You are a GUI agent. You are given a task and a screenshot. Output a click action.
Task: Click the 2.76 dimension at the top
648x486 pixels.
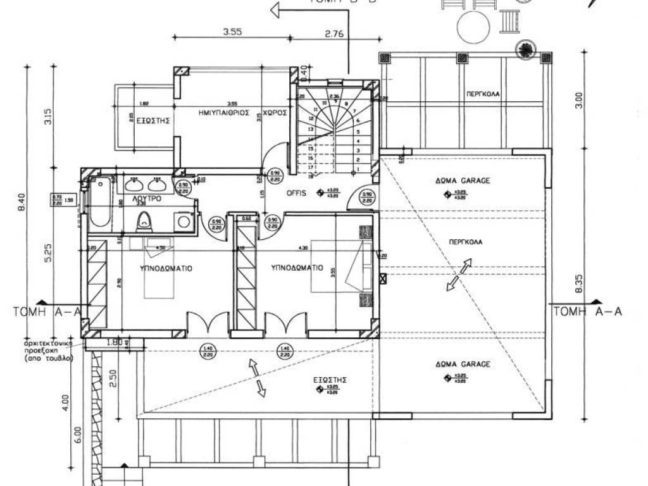pos(334,34)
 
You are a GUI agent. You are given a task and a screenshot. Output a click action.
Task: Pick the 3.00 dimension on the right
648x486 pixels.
pos(576,100)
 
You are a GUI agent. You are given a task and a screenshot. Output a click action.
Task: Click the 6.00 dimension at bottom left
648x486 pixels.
pos(77,434)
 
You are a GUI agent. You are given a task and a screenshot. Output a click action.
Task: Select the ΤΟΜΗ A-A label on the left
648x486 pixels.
pos(47,311)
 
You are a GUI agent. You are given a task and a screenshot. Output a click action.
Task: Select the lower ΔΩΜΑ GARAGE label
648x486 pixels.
pos(463,365)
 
